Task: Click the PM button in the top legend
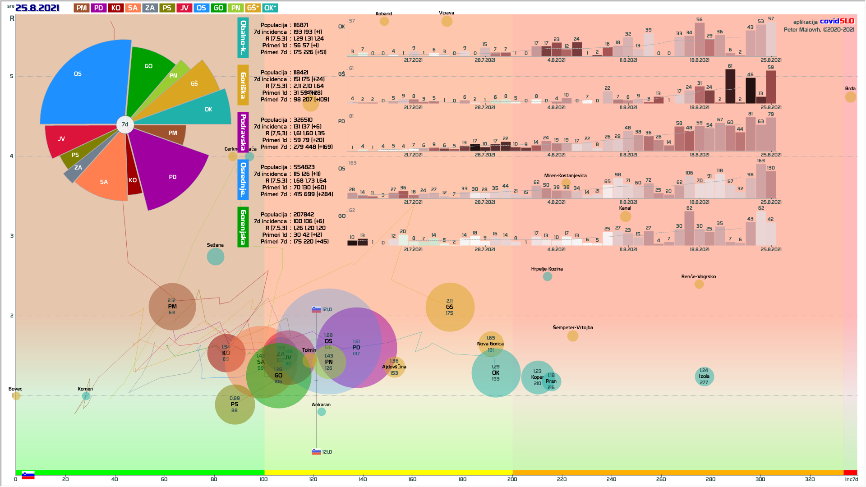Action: click(82, 8)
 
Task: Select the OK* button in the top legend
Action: click(270, 8)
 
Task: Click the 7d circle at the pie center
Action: click(125, 124)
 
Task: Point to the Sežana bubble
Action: click(216, 257)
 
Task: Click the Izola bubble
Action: click(704, 377)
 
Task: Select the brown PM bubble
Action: click(172, 307)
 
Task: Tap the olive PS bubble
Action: click(235, 404)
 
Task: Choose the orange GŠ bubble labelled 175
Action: click(450, 307)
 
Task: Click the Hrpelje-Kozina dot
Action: click(547, 276)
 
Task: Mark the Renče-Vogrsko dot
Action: click(699, 284)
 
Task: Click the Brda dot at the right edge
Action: click(850, 97)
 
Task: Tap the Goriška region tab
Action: click(243, 85)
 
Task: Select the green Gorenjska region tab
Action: click(243, 227)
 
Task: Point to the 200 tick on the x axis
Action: click(512, 479)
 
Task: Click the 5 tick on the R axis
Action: click(12, 76)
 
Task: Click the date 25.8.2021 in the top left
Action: click(37, 8)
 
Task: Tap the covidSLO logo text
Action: click(837, 21)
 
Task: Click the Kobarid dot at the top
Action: click(384, 21)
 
